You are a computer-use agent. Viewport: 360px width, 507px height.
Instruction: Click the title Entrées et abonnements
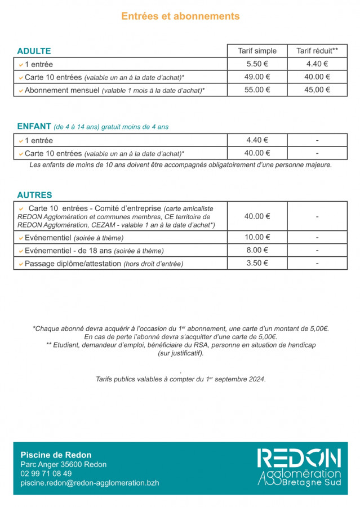pos(180,16)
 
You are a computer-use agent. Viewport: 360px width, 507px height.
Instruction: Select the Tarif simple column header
pos(257,51)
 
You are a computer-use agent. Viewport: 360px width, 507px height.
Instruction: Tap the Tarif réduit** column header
pos(317,51)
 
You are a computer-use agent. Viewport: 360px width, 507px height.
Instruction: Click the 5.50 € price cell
pos(257,64)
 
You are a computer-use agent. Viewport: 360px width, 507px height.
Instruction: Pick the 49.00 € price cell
pos(257,77)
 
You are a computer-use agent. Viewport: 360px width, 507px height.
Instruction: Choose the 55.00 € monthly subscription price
pos(257,90)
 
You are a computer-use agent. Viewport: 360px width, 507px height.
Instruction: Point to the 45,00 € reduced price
pos(317,90)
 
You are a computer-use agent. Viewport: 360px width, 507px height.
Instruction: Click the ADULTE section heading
pos(34,51)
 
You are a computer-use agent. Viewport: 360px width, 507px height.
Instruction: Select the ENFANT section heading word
pos(34,127)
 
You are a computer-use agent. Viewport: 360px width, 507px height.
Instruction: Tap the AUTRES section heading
pos(34,195)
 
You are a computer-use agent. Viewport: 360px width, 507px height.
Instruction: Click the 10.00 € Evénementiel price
pos(257,237)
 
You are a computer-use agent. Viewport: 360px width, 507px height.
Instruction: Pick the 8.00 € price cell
pos(257,250)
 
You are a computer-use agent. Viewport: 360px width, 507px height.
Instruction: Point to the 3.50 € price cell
pos(257,263)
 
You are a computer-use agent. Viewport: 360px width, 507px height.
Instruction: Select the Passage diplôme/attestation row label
pos(73,264)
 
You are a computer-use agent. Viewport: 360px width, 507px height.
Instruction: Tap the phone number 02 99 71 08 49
pos(46,474)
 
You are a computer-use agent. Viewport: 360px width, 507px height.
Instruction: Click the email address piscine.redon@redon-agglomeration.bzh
pos(90,483)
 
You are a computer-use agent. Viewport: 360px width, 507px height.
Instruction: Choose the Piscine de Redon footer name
pos(56,455)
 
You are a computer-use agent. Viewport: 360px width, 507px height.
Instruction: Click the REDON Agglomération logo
pos(299,468)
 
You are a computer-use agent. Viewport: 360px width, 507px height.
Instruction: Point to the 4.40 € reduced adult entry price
pos(317,64)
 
